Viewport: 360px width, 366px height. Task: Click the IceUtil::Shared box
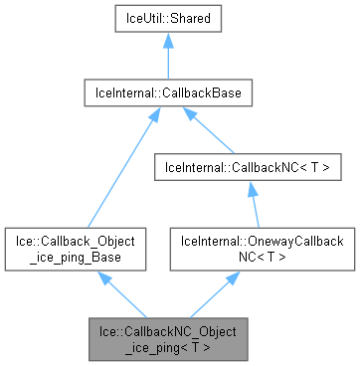[166, 19]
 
